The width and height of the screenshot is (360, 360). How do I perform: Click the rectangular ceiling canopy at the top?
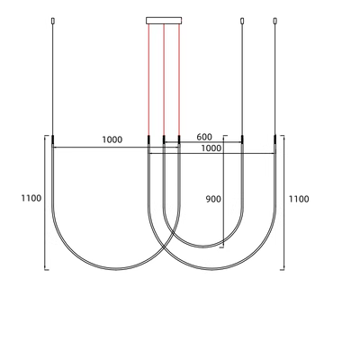[164, 21]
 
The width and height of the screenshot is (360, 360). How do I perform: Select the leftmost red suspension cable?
[148, 80]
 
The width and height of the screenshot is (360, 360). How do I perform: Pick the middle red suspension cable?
[164, 80]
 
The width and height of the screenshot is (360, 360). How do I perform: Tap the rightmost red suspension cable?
[179, 80]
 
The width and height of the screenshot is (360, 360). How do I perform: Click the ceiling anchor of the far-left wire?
[53, 21]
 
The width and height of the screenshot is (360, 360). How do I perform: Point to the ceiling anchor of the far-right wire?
[274, 21]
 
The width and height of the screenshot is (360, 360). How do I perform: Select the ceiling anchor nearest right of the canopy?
[242, 21]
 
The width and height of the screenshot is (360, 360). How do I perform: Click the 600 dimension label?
[204, 137]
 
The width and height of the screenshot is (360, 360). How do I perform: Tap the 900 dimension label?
[213, 199]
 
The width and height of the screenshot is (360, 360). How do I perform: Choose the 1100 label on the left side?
[31, 198]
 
